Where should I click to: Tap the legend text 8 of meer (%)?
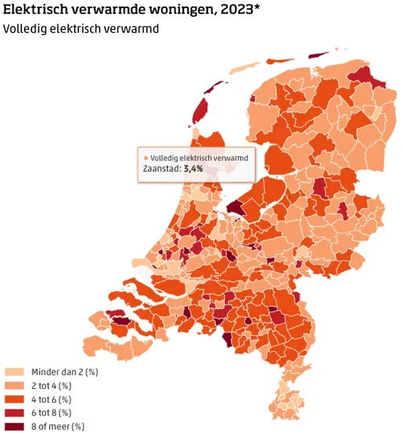58,426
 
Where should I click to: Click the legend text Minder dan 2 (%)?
64,372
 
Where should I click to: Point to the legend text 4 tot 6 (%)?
51,399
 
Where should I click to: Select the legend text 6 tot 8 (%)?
51,412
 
